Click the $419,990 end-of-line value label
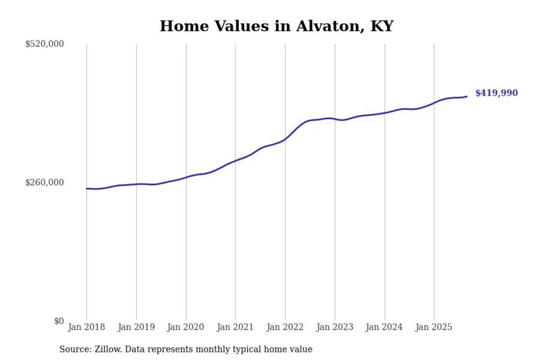496,93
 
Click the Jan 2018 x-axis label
86,327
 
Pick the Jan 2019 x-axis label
136,327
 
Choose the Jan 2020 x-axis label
186,327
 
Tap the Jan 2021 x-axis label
235,327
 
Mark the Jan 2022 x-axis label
285,327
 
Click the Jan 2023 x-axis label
335,327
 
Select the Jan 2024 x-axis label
384,327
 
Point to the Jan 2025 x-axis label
434,327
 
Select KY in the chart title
382,26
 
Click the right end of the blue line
467,97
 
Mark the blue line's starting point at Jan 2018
86,189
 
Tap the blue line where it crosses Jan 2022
285,138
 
